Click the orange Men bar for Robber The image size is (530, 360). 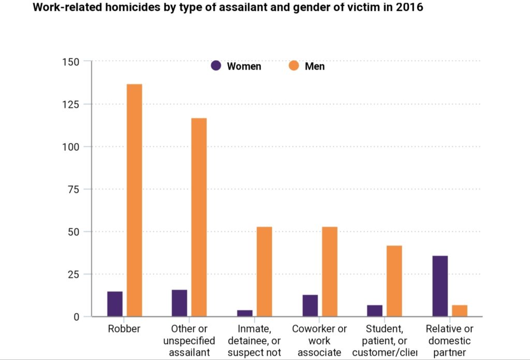tap(135, 200)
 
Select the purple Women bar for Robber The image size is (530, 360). tap(115, 304)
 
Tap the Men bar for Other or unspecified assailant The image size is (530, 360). tap(199, 217)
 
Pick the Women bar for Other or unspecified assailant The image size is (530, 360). tap(179, 303)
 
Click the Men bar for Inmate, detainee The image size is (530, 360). tap(264, 271)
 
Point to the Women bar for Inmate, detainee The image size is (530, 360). tap(245, 313)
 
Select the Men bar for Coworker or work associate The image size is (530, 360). tap(329, 271)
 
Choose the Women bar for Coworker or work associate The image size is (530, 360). tap(310, 305)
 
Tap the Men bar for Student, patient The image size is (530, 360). tap(394, 281)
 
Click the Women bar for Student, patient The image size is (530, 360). tap(375, 310)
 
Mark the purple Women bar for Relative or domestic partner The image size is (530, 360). tap(440, 286)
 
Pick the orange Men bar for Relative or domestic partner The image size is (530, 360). tap(459, 310)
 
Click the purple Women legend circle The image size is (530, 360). tap(216, 66)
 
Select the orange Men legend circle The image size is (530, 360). tap(294, 66)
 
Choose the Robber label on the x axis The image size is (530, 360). tap(124, 329)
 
